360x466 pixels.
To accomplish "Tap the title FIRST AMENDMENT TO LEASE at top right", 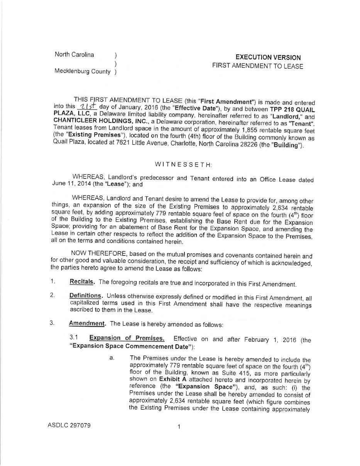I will (257, 66).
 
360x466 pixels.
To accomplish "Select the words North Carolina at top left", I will (74, 54).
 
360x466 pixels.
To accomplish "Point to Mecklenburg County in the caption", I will (82, 71).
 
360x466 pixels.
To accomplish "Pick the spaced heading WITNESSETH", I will (183, 165).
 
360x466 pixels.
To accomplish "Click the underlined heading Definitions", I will (86, 296).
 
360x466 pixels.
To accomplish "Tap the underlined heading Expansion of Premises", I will (127, 338).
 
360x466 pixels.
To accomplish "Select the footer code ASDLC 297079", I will (69, 426).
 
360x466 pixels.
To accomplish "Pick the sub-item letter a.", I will (112, 358).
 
